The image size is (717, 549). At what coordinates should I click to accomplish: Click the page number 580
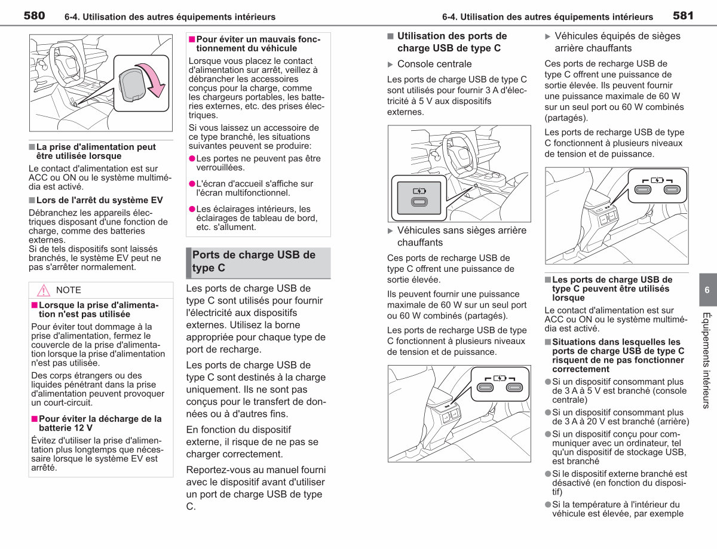[34, 16]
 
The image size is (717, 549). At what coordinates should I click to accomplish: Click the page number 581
[683, 16]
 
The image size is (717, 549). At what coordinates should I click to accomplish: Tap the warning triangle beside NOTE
[43, 290]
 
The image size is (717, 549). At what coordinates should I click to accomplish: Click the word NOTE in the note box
[68, 290]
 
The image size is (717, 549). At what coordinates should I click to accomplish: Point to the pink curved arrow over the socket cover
[154, 79]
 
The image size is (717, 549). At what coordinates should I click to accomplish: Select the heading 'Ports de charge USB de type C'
[254, 261]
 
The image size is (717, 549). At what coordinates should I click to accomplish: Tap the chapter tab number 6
[707, 290]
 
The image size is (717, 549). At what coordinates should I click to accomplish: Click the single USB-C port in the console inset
[419, 202]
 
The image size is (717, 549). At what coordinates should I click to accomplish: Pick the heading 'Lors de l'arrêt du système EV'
[99, 200]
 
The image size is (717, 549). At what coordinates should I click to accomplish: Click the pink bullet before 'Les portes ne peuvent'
[192, 158]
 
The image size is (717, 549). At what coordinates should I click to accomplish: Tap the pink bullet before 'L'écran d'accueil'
[192, 183]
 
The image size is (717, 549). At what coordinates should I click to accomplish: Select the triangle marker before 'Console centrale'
[390, 65]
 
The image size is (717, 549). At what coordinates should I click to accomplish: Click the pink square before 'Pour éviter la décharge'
[34, 419]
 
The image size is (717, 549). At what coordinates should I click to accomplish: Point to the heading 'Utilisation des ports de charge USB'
[452, 42]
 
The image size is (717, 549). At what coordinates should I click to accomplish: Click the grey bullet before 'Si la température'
[548, 504]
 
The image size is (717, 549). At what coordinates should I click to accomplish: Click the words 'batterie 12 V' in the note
[66, 428]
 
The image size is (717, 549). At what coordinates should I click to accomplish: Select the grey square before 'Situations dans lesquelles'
[548, 342]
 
